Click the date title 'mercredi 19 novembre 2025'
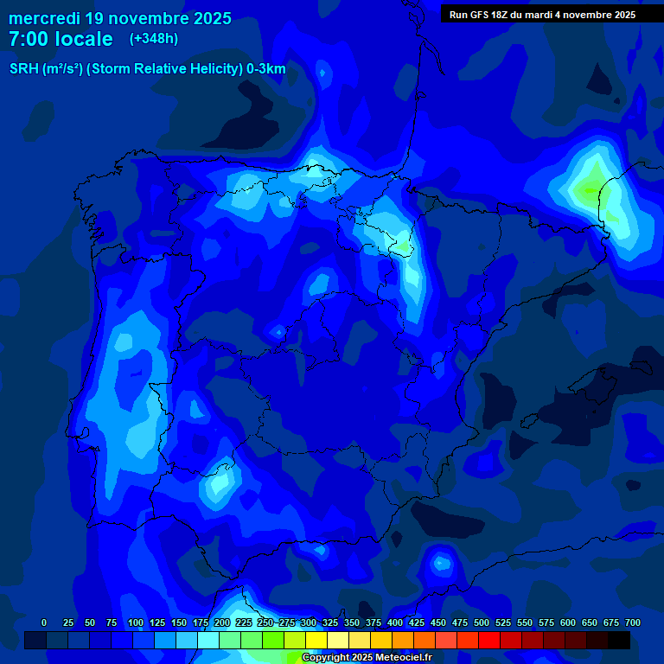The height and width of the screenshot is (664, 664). pyautogui.click(x=120, y=18)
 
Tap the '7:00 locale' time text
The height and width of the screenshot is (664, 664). pyautogui.click(x=61, y=39)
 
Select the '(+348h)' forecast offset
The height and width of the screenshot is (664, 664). pyautogui.click(x=153, y=38)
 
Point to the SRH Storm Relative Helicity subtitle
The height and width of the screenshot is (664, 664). pyautogui.click(x=147, y=69)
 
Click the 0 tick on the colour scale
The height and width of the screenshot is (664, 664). pyautogui.click(x=44, y=622)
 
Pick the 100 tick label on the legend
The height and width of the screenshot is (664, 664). pyautogui.click(x=136, y=622)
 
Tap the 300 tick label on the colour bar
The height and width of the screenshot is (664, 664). pyautogui.click(x=309, y=622)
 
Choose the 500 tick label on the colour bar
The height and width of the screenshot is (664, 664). pyautogui.click(x=482, y=622)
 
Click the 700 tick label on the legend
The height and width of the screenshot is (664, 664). pyautogui.click(x=633, y=622)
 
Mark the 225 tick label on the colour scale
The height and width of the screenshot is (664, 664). pyautogui.click(x=244, y=622)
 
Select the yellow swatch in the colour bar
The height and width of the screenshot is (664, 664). pyautogui.click(x=316, y=640)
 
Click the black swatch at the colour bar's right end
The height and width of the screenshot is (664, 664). pyautogui.click(x=619, y=640)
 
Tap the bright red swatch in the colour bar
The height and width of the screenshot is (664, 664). pyautogui.click(x=489, y=640)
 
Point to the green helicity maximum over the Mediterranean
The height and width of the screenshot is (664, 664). pyautogui.click(x=591, y=189)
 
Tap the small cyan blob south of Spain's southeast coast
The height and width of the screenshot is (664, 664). pyautogui.click(x=442, y=564)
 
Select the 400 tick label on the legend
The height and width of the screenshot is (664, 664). pyautogui.click(x=395, y=622)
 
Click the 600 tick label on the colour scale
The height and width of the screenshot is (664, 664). pyautogui.click(x=568, y=622)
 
